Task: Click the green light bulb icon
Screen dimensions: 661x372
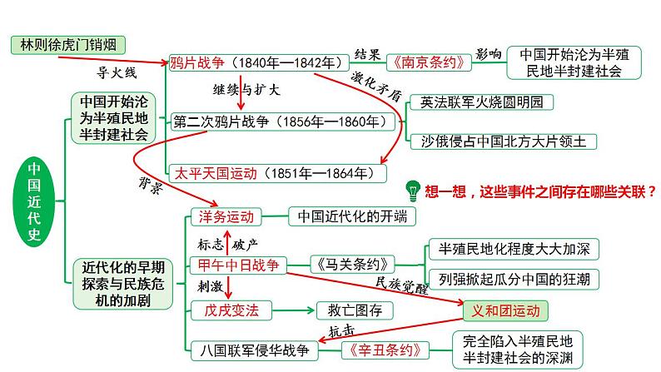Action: pyautogui.click(x=410, y=191)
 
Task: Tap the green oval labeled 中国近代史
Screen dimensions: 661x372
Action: pyautogui.click(x=33, y=200)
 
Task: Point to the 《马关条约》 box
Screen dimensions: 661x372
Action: pyautogui.click(x=353, y=265)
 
